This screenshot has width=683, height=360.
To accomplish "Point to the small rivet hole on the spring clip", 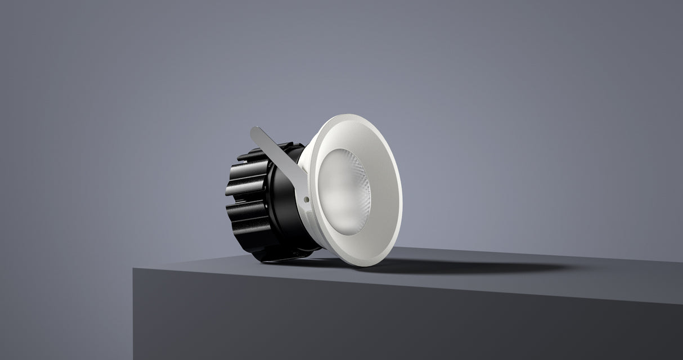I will point(305,199).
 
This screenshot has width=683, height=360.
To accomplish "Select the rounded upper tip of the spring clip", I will point(254,131).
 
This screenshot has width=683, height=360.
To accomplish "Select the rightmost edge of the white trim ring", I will point(401,186).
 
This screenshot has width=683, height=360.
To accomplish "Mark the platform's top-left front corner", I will point(134,269).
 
